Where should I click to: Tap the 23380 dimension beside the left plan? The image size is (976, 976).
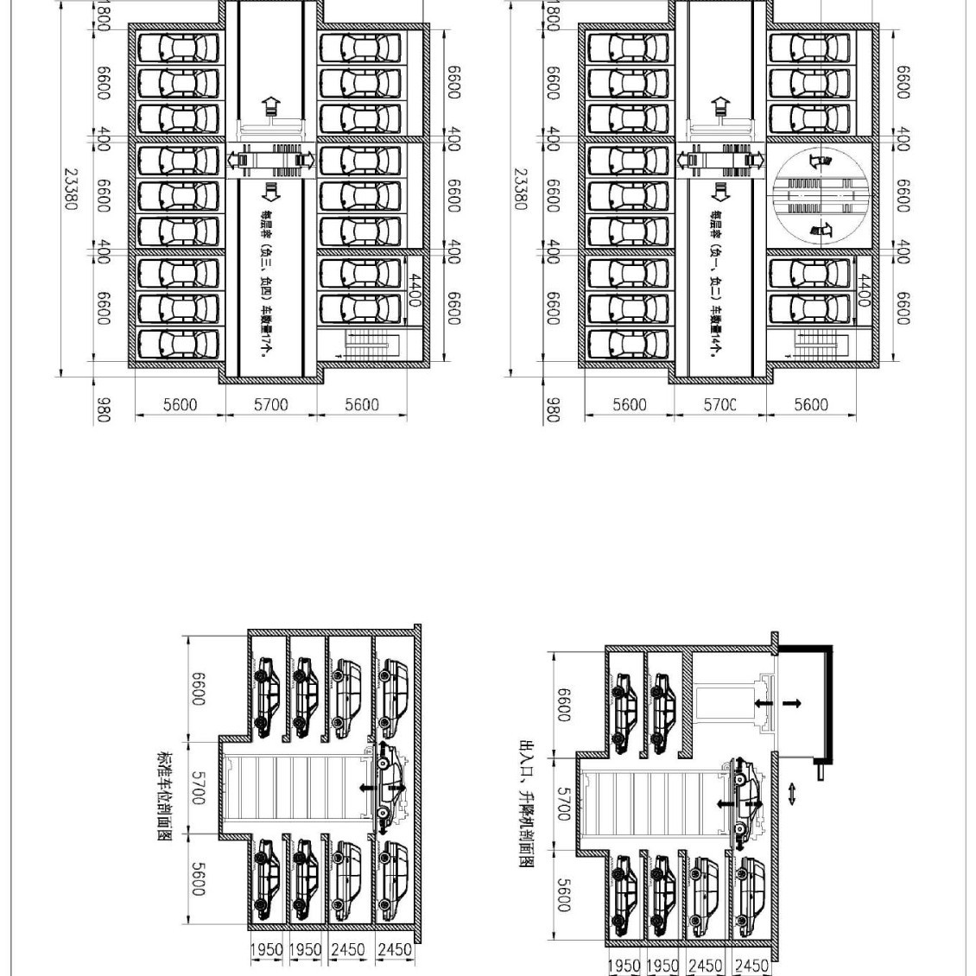tap(73, 188)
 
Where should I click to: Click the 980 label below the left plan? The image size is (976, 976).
tap(103, 409)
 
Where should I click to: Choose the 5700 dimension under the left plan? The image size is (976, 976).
tap(271, 404)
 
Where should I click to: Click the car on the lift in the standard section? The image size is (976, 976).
tap(390, 785)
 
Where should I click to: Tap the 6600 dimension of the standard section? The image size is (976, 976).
tap(199, 688)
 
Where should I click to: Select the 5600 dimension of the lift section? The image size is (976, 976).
tap(562, 895)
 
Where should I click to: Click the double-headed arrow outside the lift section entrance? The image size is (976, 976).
tap(793, 793)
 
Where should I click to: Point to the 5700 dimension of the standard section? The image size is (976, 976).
tap(199, 789)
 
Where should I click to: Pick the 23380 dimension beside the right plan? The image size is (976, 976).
tap(521, 188)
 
